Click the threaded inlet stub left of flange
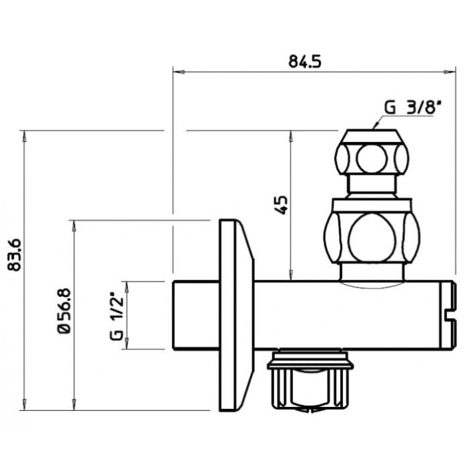pos(195,315)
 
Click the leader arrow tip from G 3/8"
pos(375,127)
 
